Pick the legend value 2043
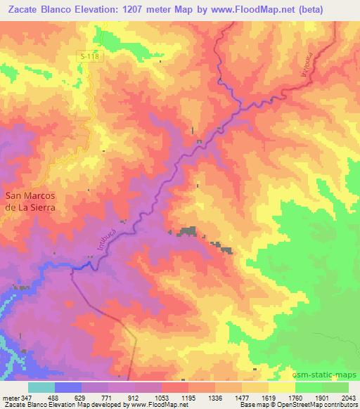(348, 398)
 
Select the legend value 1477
(241, 398)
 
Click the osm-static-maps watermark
(329, 375)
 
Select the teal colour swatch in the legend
(41, 387)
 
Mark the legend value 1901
(321, 398)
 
